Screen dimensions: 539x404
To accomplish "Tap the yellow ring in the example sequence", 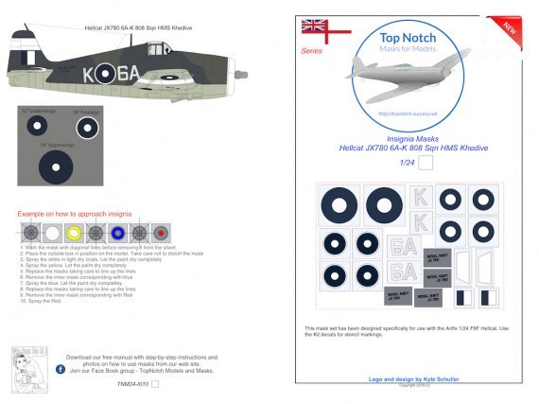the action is tap(75, 232).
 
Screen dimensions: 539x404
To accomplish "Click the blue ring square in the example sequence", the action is tap(117, 232).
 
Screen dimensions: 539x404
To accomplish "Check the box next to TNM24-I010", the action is tap(155, 384).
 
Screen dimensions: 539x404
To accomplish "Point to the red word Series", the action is tap(311, 50).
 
